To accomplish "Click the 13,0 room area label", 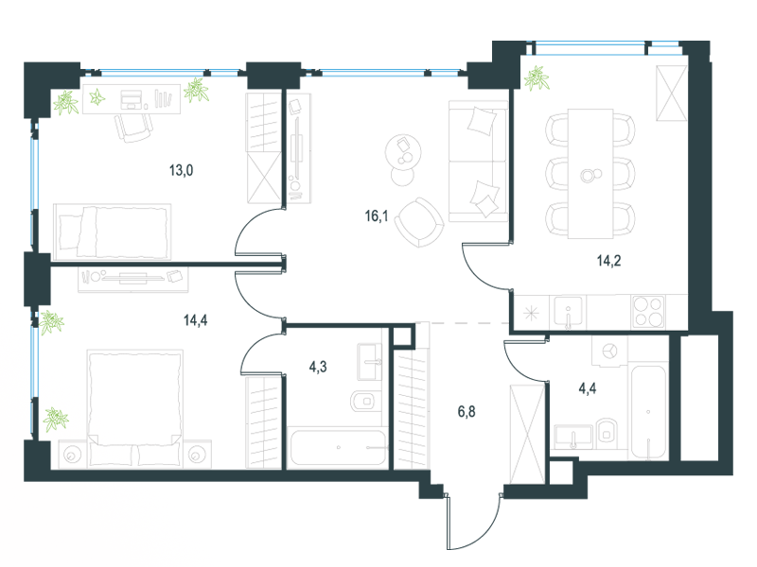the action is (x=181, y=170).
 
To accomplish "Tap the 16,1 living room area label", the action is (x=377, y=215).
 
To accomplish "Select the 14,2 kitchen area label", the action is (x=608, y=261).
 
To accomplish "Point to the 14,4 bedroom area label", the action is (x=196, y=319).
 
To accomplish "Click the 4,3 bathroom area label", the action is (x=318, y=367).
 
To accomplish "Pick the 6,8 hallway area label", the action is (x=467, y=411).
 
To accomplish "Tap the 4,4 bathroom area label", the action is (x=587, y=388).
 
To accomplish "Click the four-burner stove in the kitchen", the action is (x=648, y=311).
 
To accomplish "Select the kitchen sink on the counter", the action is (x=569, y=312).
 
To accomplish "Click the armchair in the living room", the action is (x=419, y=222).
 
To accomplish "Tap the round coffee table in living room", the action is (x=403, y=152).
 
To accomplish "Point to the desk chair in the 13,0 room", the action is (x=133, y=128).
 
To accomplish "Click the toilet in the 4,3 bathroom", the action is (x=363, y=401).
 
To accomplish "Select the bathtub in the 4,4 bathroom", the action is (x=648, y=412).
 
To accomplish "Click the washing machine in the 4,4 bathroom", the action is (x=609, y=351).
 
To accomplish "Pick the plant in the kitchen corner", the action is (x=537, y=78).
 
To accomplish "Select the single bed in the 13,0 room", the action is (x=112, y=232).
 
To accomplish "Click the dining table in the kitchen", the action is (x=590, y=174).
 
